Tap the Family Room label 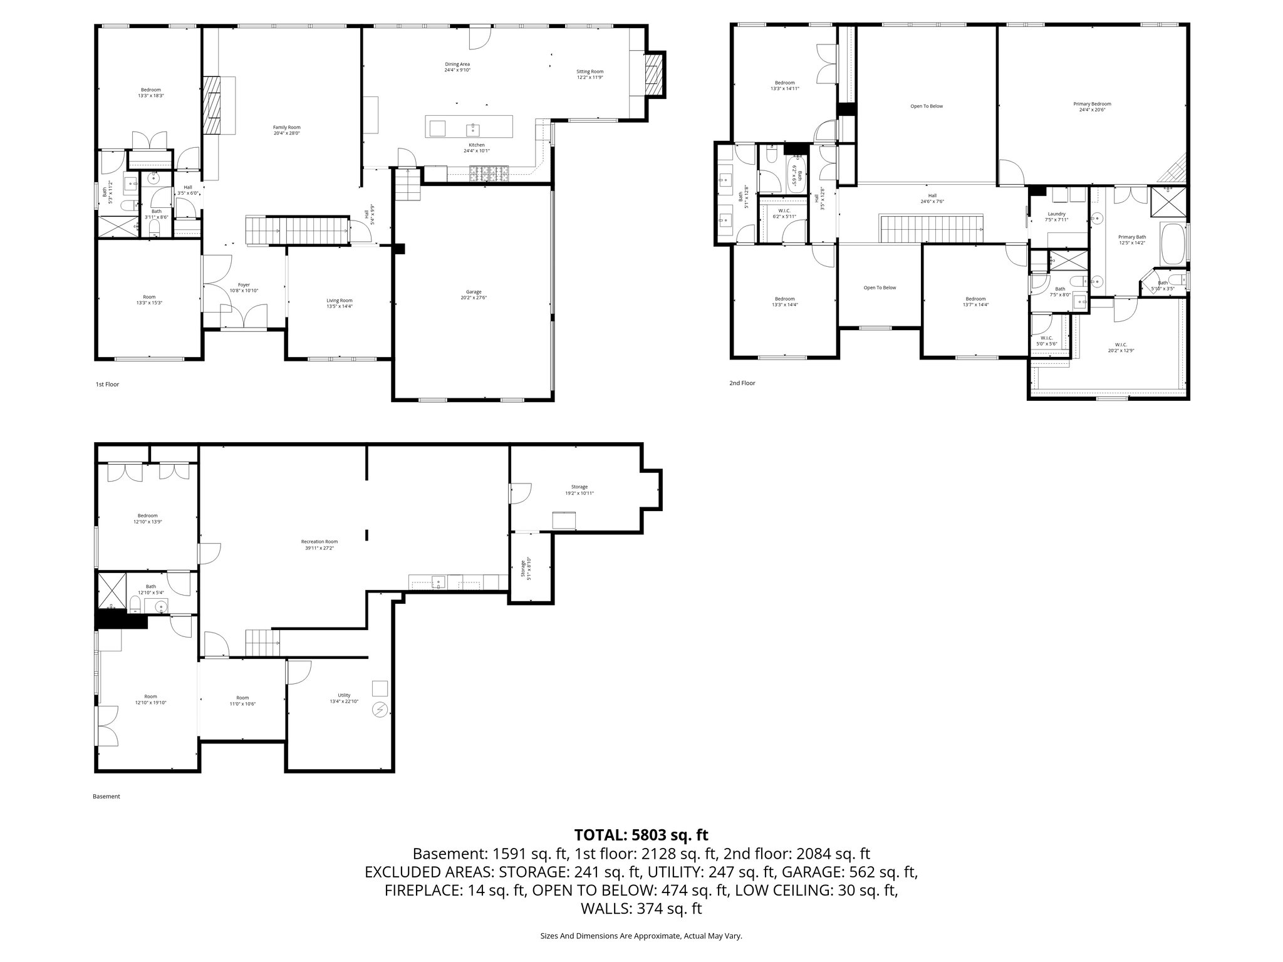click(x=286, y=130)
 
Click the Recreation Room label click(x=319, y=545)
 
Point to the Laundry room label click(x=1056, y=217)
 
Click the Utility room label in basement click(x=344, y=698)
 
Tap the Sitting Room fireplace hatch click(x=653, y=74)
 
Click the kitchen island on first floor click(x=469, y=127)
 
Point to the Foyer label click(x=244, y=287)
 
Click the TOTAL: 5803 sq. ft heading click(x=641, y=835)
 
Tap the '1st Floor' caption click(x=107, y=385)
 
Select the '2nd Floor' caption click(x=742, y=383)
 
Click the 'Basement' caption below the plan click(x=106, y=797)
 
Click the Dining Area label click(x=457, y=67)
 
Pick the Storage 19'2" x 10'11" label click(x=579, y=490)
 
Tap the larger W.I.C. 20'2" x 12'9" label click(x=1121, y=347)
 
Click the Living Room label click(x=339, y=303)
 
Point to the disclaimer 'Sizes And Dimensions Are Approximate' click(x=641, y=936)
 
